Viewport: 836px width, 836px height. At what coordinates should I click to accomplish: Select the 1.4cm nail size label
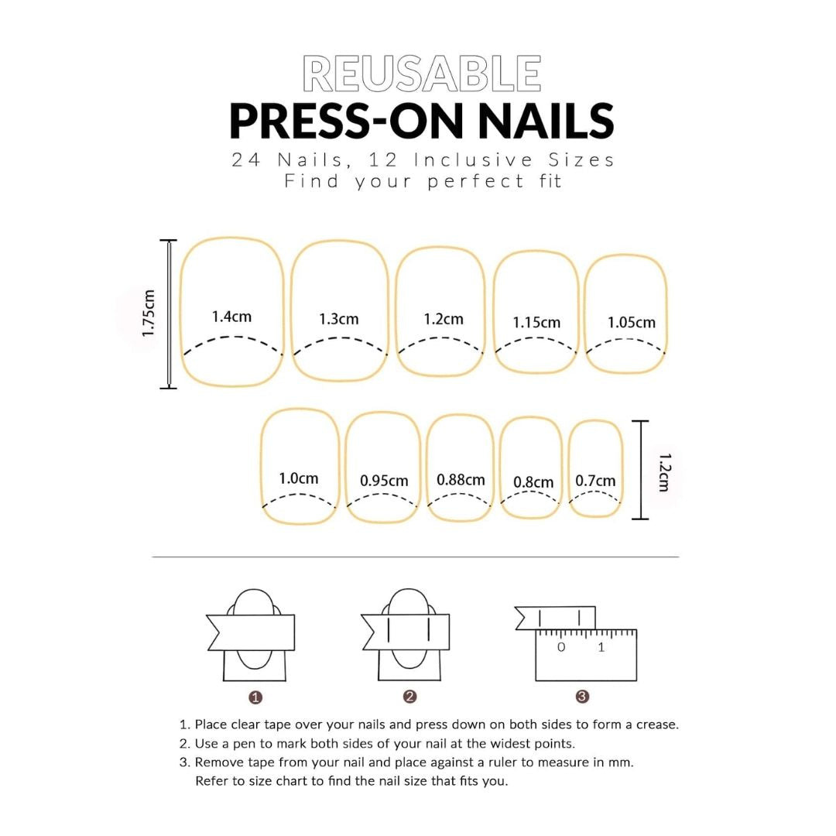[231, 317]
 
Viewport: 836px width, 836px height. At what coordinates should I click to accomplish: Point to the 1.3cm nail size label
[339, 319]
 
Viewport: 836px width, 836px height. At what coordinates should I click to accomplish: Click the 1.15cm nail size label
[536, 322]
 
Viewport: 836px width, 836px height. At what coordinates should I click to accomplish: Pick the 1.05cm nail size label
[631, 322]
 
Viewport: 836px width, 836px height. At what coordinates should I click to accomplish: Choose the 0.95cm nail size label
[384, 481]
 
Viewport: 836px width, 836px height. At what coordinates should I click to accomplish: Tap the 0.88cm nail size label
[461, 480]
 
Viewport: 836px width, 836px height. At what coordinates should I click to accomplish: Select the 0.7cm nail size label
[595, 481]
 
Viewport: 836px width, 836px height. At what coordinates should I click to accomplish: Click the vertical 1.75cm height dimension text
[149, 313]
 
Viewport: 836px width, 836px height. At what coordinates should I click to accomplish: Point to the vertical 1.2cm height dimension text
[663, 472]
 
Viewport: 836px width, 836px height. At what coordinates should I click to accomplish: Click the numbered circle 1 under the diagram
[256, 697]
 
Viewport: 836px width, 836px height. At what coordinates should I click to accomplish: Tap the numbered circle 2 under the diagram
[410, 697]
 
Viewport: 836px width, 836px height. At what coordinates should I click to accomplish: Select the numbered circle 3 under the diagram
[583, 697]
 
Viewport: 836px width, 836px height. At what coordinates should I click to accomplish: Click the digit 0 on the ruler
[561, 647]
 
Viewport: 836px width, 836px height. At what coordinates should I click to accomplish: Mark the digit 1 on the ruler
[601, 647]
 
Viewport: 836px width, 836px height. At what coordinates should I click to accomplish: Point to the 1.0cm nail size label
[299, 478]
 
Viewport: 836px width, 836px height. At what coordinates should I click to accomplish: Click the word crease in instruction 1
[657, 725]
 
